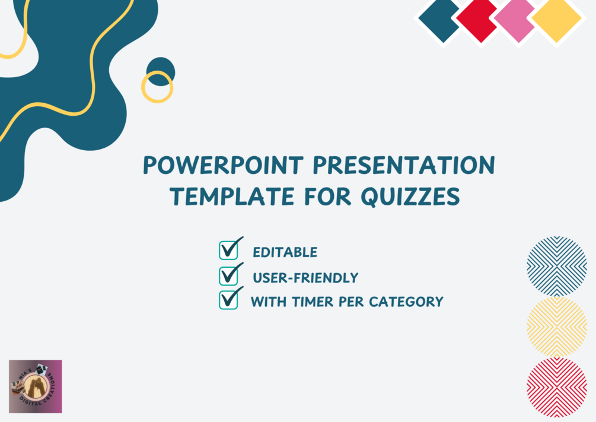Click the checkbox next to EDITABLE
point(228,250)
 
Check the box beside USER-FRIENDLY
point(228,275)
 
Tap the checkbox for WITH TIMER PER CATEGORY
point(228,300)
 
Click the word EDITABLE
point(285,252)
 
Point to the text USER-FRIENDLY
point(305,278)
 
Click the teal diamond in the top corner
point(439,20)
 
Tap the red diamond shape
point(478,20)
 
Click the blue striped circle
point(556,266)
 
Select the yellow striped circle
point(556,326)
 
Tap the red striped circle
point(556,387)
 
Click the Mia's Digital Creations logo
point(36,386)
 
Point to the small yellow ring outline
point(157,87)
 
